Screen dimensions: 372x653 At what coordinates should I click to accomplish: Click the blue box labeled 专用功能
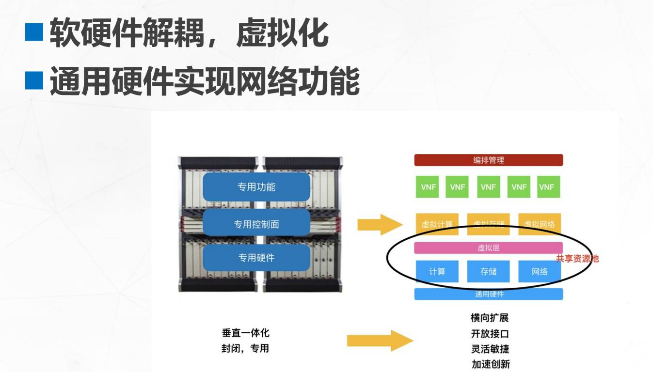pyautogui.click(x=256, y=187)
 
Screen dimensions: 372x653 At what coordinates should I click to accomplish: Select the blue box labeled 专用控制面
pyautogui.click(x=256, y=224)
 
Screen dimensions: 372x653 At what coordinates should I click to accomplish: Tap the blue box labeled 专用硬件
pyautogui.click(x=256, y=258)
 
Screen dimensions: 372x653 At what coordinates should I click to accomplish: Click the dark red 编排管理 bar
pyautogui.click(x=488, y=160)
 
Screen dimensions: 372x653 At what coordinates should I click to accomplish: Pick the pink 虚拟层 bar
pyautogui.click(x=488, y=248)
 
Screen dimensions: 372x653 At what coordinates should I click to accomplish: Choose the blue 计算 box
pyautogui.click(x=437, y=271)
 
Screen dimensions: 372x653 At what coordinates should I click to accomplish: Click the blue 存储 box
pyautogui.click(x=488, y=271)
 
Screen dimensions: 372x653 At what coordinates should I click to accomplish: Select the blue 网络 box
pyautogui.click(x=540, y=271)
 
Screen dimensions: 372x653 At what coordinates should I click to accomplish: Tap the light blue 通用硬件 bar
pyautogui.click(x=488, y=294)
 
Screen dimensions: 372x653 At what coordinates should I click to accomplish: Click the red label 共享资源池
pyautogui.click(x=577, y=259)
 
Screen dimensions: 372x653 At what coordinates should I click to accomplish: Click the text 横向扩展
pyautogui.click(x=490, y=318)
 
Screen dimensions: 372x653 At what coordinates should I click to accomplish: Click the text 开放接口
pyautogui.click(x=490, y=334)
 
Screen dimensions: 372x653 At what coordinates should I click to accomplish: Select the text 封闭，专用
pyautogui.click(x=245, y=349)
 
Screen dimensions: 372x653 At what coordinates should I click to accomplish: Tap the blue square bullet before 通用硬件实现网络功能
pyautogui.click(x=34, y=81)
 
